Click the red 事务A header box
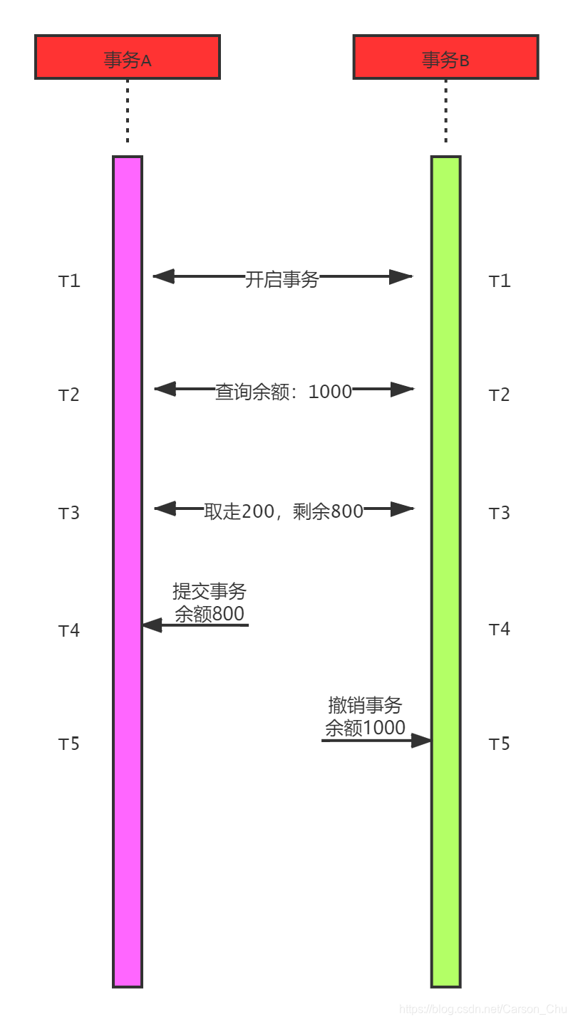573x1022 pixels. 128,57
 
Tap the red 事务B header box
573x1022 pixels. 445,57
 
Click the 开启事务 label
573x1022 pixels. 282,278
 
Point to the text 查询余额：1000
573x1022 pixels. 284,391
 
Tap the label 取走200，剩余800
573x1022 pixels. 284,511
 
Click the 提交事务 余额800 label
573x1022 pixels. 210,603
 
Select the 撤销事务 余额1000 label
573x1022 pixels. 365,716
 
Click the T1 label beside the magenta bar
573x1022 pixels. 69,281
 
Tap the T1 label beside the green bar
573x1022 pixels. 500,281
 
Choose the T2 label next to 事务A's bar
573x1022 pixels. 69,395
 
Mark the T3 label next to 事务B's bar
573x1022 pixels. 500,513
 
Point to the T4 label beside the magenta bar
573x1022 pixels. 69,630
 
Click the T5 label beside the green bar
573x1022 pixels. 500,744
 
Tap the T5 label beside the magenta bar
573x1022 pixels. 69,744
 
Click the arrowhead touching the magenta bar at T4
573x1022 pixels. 151,625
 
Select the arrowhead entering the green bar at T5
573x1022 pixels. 422,741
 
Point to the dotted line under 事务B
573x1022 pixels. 445,110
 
